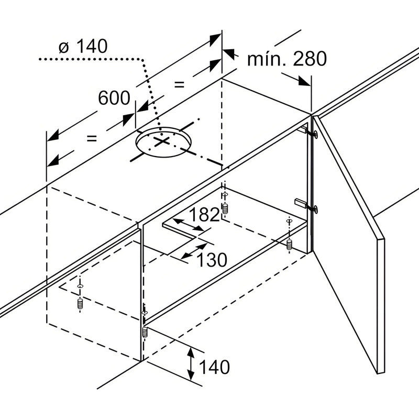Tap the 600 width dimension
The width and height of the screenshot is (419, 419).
tap(114, 97)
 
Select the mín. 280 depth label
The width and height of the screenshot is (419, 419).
tap(287, 59)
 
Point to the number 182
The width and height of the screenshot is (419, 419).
tap(204, 215)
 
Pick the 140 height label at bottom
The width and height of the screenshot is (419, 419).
tap(214, 367)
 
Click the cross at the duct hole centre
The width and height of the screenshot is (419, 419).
tap(163, 142)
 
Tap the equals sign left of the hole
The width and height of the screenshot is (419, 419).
tap(91, 138)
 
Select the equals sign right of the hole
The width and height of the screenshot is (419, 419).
tap(180, 84)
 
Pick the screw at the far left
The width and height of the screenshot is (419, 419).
tap(80, 302)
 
